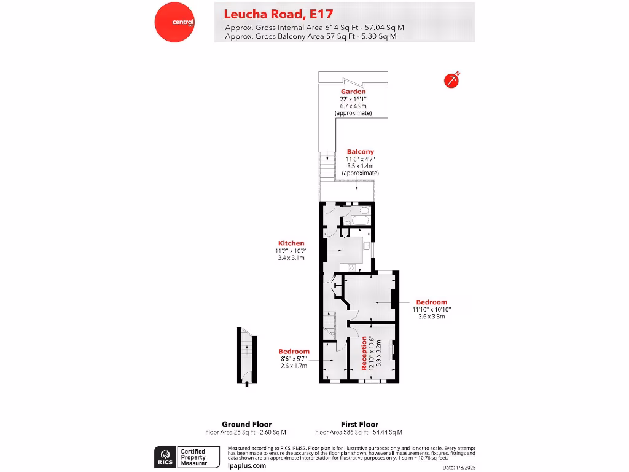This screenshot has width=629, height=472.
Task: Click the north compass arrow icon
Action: point(452,81)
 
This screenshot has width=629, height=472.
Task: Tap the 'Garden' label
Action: point(353,92)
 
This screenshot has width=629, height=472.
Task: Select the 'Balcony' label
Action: point(360,151)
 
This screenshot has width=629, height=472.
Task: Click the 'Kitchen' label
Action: point(291,243)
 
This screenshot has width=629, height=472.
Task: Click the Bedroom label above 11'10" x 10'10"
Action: point(431,302)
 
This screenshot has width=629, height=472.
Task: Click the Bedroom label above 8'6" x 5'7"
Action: point(294,352)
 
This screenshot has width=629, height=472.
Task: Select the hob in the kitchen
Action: point(352,267)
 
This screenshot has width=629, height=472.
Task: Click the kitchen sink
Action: point(367,247)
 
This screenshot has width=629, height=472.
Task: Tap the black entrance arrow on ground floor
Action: point(247,383)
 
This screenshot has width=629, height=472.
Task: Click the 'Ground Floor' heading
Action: point(246,424)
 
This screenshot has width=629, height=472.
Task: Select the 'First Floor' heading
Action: point(359,424)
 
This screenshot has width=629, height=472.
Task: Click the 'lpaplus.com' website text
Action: point(246,465)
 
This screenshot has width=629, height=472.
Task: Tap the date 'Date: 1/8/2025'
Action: point(458,468)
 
